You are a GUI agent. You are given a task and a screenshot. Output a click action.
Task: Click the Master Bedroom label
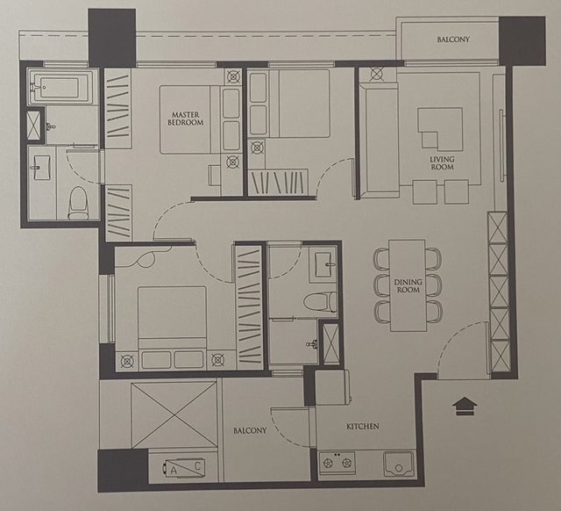[x=185, y=119]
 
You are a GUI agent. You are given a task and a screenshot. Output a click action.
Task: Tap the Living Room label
[x=442, y=163]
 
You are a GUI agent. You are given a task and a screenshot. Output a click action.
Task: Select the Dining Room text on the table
[x=408, y=286]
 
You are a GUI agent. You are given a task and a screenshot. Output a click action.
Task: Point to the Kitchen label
[x=362, y=427]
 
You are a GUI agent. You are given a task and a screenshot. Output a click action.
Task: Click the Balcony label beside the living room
[x=453, y=40]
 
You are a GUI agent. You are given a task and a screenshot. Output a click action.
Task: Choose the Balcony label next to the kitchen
[x=250, y=430]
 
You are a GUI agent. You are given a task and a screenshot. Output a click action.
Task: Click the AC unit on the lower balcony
[x=183, y=468]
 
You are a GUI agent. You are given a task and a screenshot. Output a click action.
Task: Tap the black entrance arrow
[x=465, y=406]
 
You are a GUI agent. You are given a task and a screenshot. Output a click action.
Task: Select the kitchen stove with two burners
[x=337, y=463]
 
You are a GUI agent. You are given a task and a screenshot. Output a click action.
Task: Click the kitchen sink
[x=399, y=464]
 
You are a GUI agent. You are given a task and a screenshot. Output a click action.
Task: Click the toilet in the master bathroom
[x=78, y=203]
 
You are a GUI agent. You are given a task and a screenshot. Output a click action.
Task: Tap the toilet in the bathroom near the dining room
[x=320, y=301]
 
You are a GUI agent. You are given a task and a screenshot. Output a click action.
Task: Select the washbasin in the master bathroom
[x=42, y=167]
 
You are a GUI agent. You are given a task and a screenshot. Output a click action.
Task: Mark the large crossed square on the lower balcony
[x=174, y=415]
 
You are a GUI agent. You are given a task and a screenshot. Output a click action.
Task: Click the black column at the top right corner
[x=522, y=41]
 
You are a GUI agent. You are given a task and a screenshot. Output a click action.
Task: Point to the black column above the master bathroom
[x=112, y=38]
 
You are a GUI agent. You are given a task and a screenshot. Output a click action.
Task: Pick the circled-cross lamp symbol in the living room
[x=377, y=74]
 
